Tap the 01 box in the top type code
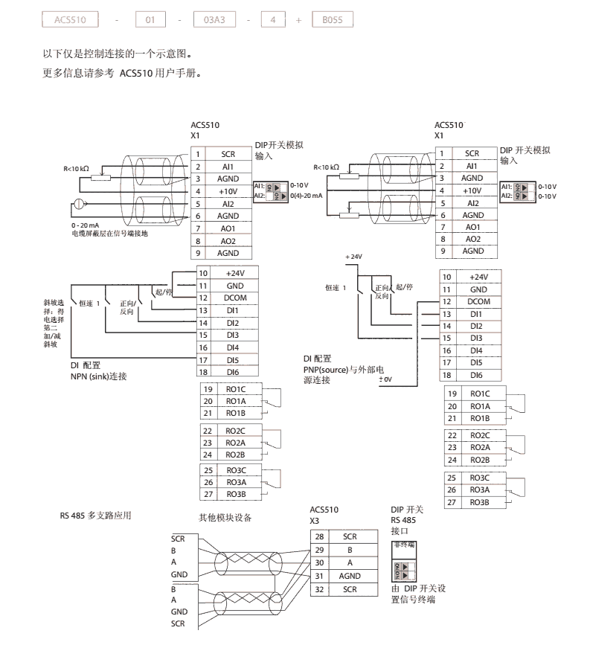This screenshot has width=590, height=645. (150, 19)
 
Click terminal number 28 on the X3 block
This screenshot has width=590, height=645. (319, 536)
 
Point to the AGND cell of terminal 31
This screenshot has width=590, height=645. (349, 576)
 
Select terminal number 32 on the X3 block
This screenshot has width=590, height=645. (319, 589)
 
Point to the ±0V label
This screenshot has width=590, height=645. (385, 379)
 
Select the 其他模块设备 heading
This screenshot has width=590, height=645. (224, 518)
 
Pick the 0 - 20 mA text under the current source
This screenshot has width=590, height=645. (88, 224)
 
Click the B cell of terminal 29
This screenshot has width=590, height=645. (349, 550)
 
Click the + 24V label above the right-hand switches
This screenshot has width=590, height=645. (353, 257)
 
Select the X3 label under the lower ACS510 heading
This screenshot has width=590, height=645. (315, 521)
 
